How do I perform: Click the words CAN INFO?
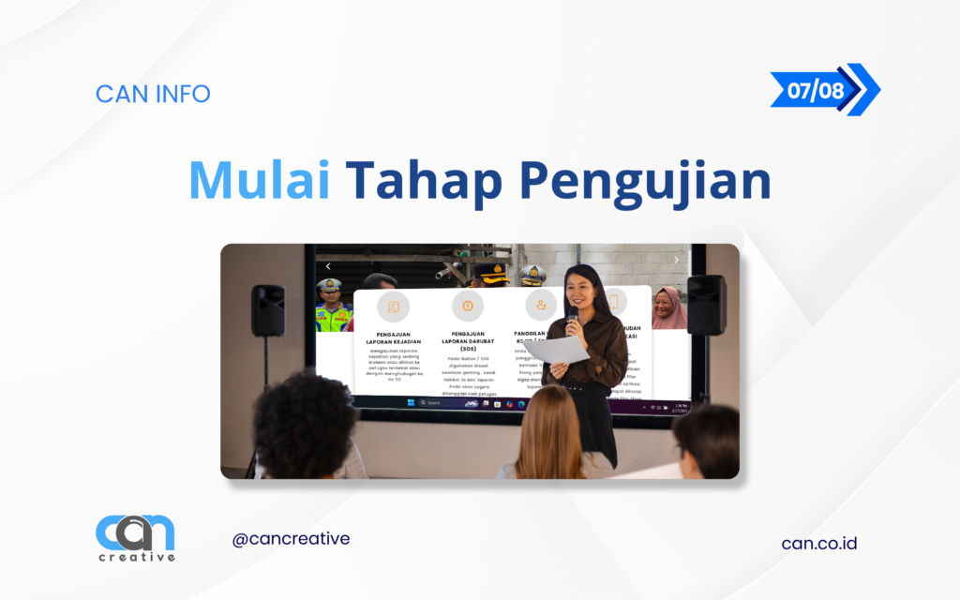tap(153, 94)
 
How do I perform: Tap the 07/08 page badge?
tap(817, 90)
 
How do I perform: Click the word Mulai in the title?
tap(259, 180)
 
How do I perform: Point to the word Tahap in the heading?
tap(425, 182)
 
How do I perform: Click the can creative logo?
tap(135, 538)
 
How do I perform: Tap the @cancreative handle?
tap(291, 539)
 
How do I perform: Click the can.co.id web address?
tap(818, 543)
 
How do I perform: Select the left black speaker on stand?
tap(268, 310)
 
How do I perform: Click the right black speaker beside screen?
tap(706, 304)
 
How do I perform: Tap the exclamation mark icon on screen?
tap(468, 306)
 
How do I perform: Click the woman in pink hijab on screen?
tap(667, 308)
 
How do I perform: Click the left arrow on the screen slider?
tap(328, 266)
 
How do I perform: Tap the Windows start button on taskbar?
tap(410, 403)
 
